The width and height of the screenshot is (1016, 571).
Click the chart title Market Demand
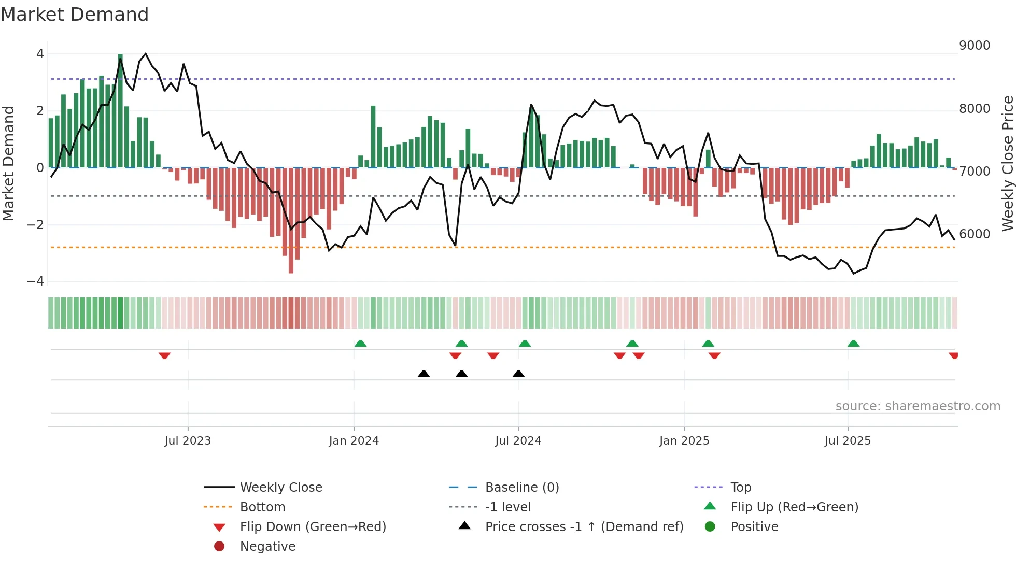tap(75, 15)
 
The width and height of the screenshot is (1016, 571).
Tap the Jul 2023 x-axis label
tap(188, 441)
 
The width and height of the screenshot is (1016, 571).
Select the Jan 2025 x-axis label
tap(684, 441)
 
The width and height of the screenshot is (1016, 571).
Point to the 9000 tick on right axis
tap(975, 46)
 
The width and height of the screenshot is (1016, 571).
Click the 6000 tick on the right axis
tap(975, 234)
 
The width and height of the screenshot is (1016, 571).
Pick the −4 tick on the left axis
tap(36, 281)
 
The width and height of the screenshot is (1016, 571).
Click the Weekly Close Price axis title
tap(1007, 163)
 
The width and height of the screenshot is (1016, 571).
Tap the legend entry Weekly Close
tap(280, 488)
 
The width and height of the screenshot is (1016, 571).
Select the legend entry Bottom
tap(262, 507)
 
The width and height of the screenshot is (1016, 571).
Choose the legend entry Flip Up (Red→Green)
tap(794, 507)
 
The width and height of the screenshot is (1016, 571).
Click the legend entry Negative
tap(267, 547)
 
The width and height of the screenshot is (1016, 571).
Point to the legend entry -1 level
tap(508, 507)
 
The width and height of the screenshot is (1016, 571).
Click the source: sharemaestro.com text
tap(918, 406)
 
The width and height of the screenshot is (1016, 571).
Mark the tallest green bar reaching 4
tap(120, 110)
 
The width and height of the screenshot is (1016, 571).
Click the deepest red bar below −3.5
tap(291, 220)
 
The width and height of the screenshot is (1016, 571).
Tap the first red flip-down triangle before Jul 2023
tap(164, 355)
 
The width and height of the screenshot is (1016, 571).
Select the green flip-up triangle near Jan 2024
tap(360, 344)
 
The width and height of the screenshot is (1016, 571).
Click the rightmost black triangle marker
tap(518, 374)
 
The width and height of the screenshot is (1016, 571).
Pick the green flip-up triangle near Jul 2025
tap(853, 344)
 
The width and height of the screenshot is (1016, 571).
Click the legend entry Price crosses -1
tap(584, 527)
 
